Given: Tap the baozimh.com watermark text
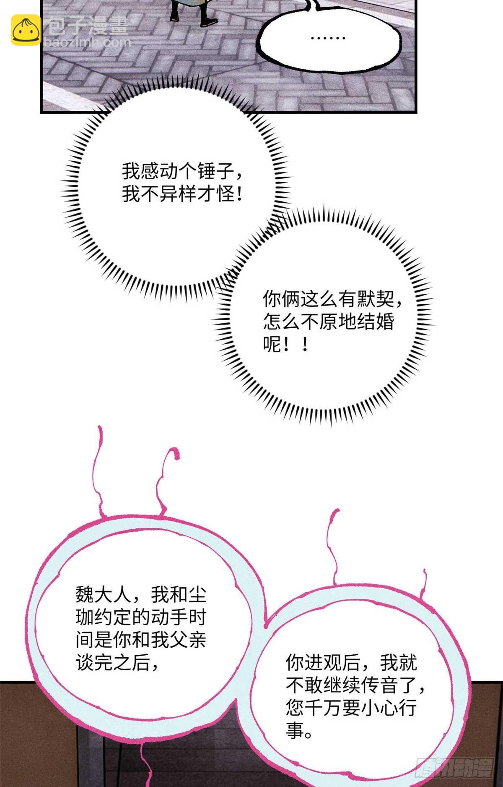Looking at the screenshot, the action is [87, 42].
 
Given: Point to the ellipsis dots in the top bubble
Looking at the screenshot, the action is [328, 38].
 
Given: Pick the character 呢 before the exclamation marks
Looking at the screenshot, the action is [272, 345].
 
